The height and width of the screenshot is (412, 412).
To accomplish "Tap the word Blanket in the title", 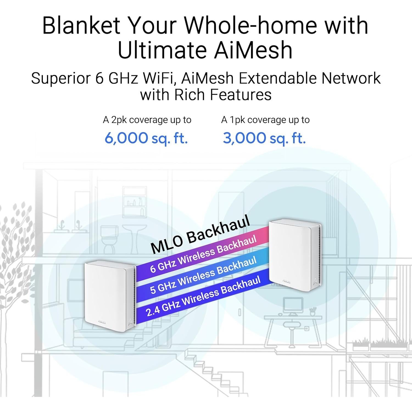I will [81, 25].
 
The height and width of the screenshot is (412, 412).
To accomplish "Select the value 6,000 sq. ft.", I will [146, 138].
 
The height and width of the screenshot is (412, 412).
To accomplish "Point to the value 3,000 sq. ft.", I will [264, 138].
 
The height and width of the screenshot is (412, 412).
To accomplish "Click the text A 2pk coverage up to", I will [147, 120].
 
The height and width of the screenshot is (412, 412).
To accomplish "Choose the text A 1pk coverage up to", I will [265, 120].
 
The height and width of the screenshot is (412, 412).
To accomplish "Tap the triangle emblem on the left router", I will [130, 322].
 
